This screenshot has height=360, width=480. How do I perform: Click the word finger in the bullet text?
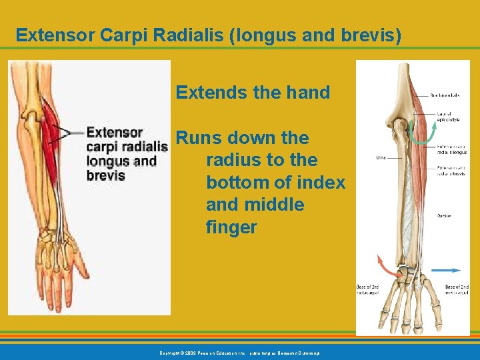coord(231,227)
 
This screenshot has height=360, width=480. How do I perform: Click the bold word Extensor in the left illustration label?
coord(115,133)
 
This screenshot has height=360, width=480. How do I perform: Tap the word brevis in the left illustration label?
coord(105,176)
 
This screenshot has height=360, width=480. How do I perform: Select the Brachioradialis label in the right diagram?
coord(445,95)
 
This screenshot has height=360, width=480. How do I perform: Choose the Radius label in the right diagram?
coord(444,216)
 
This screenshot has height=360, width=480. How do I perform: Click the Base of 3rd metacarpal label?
coord(369,289)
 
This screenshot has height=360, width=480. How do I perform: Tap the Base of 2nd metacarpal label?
coord(457,289)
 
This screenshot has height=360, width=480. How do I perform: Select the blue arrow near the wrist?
coord(445,271)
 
